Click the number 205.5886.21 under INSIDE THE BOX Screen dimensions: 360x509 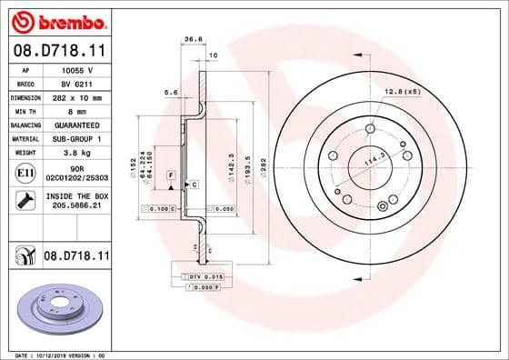[x=76, y=206]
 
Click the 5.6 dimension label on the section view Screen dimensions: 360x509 [x=169, y=93]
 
